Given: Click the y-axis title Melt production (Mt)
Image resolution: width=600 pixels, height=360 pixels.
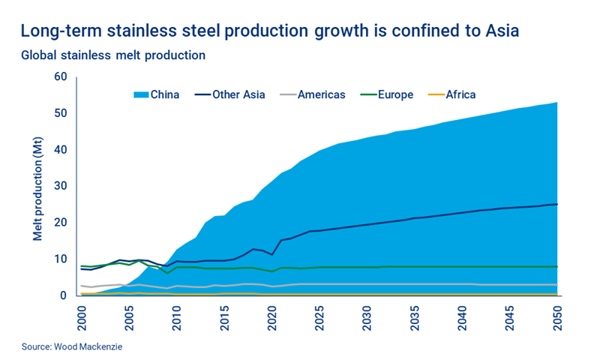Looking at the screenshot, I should tap(37, 187).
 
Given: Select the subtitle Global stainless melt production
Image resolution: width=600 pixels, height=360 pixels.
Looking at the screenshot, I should tap(113, 55).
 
